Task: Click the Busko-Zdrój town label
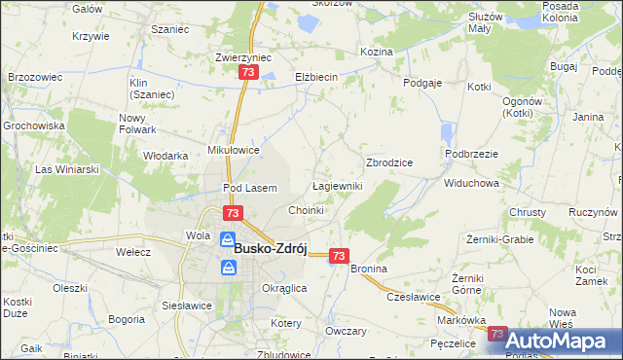coord(271,248)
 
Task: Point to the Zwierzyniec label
coord(242,57)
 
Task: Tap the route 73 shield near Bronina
coord(338,255)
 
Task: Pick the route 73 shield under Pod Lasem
coord(232,213)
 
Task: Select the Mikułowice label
coord(234,150)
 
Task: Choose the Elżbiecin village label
coord(316,76)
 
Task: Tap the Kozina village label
coord(376,51)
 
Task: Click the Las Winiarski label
coord(68,169)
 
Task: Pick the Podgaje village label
coord(423,84)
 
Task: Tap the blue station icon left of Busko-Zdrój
coord(226,239)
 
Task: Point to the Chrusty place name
coord(527,212)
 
